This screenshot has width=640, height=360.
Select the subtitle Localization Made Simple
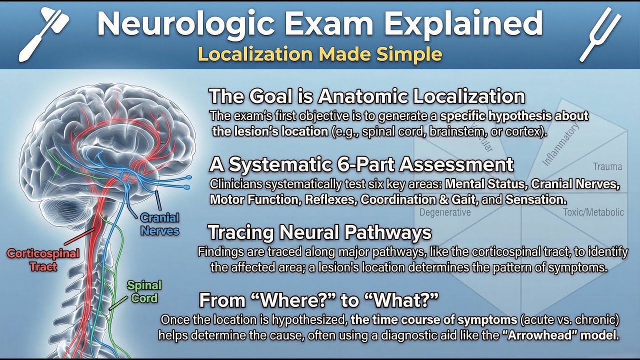click(320, 53)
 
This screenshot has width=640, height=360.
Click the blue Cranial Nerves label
click(160, 224)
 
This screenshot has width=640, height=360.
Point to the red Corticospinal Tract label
click(43, 259)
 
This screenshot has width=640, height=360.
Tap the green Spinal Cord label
click(144, 291)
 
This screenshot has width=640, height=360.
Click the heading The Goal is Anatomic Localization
click(366, 96)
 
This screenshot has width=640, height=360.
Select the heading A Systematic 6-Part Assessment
click(361, 164)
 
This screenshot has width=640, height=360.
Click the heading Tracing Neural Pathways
click(319, 232)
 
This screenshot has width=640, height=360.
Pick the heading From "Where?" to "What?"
click(319, 301)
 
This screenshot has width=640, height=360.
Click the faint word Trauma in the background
click(607, 166)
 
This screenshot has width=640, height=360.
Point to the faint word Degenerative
click(445, 212)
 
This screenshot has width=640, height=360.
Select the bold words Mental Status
click(484, 184)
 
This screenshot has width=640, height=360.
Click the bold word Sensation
click(535, 199)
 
